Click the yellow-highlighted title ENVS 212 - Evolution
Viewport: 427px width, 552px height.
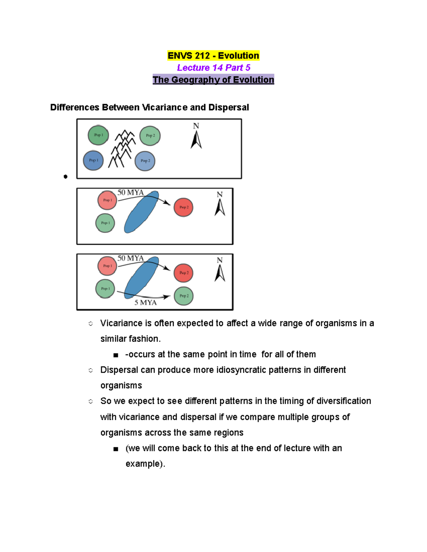213,56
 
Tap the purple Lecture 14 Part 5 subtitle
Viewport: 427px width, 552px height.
213,68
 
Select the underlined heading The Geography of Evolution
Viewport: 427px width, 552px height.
213,80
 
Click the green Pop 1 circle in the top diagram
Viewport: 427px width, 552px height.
98,135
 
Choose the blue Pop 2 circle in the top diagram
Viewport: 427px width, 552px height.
145,161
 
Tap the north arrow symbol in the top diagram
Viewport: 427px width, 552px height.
196,139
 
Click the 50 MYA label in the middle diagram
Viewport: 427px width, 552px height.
131,193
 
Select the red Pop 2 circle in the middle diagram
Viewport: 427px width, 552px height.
184,207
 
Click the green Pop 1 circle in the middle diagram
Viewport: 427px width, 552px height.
105,223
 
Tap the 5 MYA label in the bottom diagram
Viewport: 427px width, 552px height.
146,302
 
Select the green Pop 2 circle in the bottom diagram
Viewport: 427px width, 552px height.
184,296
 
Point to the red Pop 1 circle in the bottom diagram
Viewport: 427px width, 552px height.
107,266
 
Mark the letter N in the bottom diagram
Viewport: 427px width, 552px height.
220,260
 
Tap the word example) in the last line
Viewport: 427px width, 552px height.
145,464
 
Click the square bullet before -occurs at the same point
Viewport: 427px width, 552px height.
116,355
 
